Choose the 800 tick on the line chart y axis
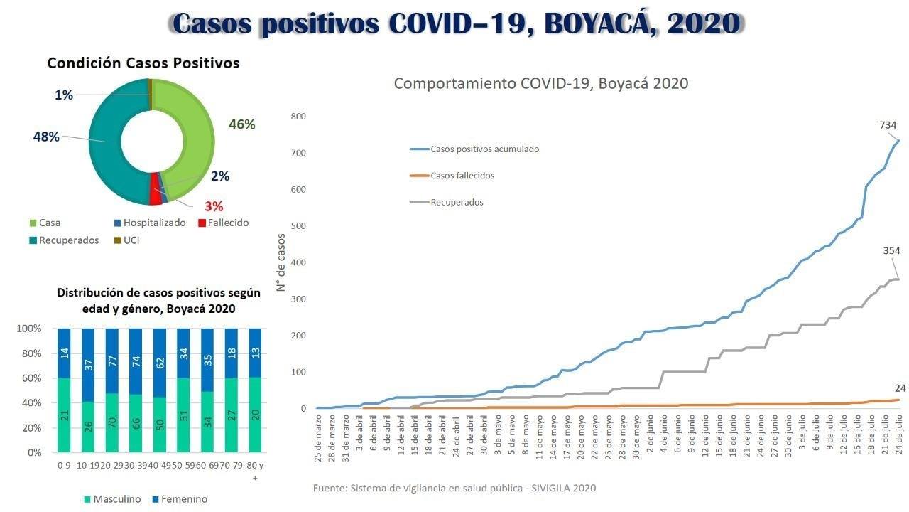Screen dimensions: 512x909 click(298, 117)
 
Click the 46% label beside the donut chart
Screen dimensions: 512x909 click(241, 124)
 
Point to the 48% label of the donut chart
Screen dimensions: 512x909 click(46, 137)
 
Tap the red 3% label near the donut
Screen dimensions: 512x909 click(214, 206)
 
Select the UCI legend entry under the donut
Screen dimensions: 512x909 click(131, 240)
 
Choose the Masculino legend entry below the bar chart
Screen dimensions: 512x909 click(116, 499)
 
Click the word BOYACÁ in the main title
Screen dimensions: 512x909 click(600, 23)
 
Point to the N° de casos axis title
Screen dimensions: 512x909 click(281, 262)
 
